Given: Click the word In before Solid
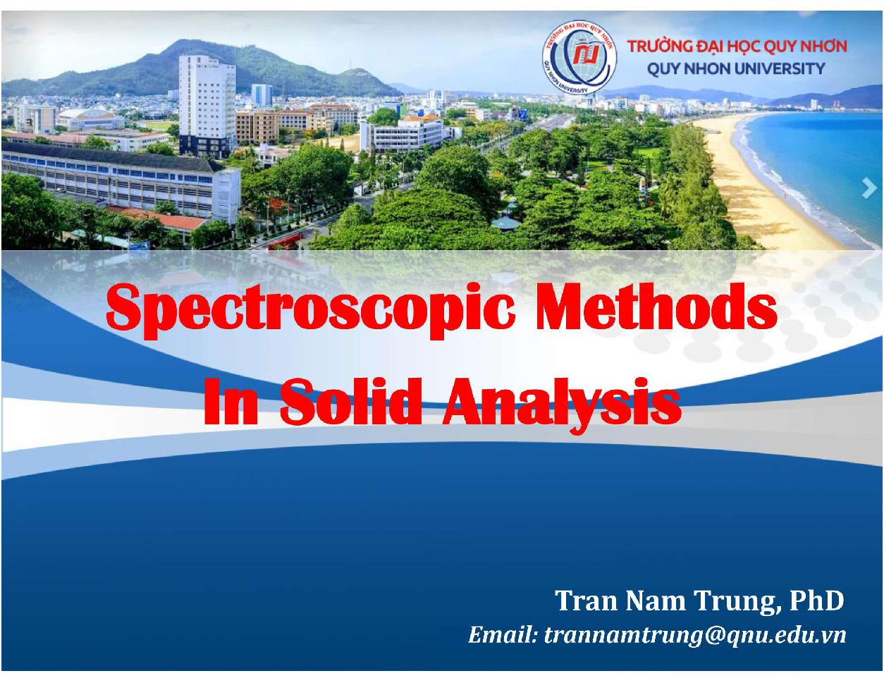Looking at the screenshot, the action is (231, 401).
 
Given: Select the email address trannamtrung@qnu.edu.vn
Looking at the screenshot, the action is (695, 635).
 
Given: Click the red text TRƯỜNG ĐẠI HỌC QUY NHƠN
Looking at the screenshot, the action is (737, 47).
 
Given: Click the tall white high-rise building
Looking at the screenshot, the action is (207, 105).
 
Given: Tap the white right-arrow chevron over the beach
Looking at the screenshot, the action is (869, 188).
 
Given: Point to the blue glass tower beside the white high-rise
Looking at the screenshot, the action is (262, 95).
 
